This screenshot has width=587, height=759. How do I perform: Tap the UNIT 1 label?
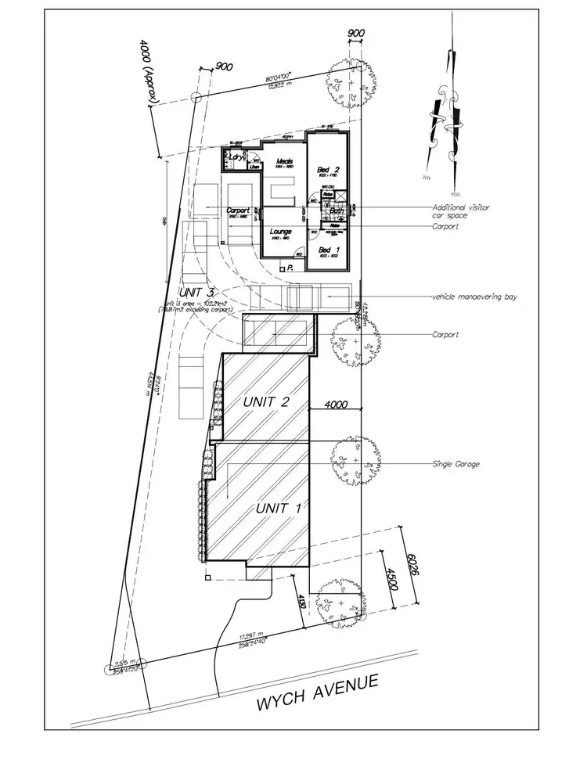279,507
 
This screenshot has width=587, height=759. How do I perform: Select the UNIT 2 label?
266,401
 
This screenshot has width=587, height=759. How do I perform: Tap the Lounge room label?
280,232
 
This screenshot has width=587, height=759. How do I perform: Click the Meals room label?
283,162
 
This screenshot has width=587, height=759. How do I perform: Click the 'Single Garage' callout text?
456,464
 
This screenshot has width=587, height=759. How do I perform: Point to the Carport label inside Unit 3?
237,210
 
